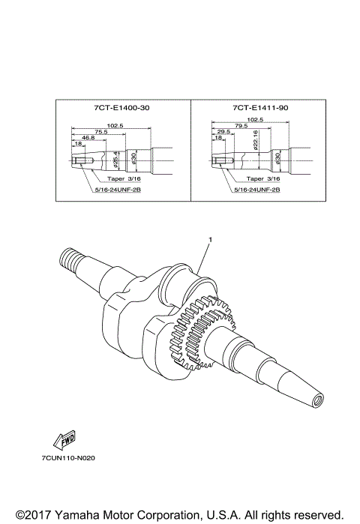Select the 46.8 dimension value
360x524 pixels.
(88, 138)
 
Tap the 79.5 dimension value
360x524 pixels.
(241, 126)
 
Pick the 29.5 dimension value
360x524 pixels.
(223, 132)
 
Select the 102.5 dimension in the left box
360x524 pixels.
(115, 125)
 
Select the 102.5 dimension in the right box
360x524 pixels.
(255, 119)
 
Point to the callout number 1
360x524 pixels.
(211, 239)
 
